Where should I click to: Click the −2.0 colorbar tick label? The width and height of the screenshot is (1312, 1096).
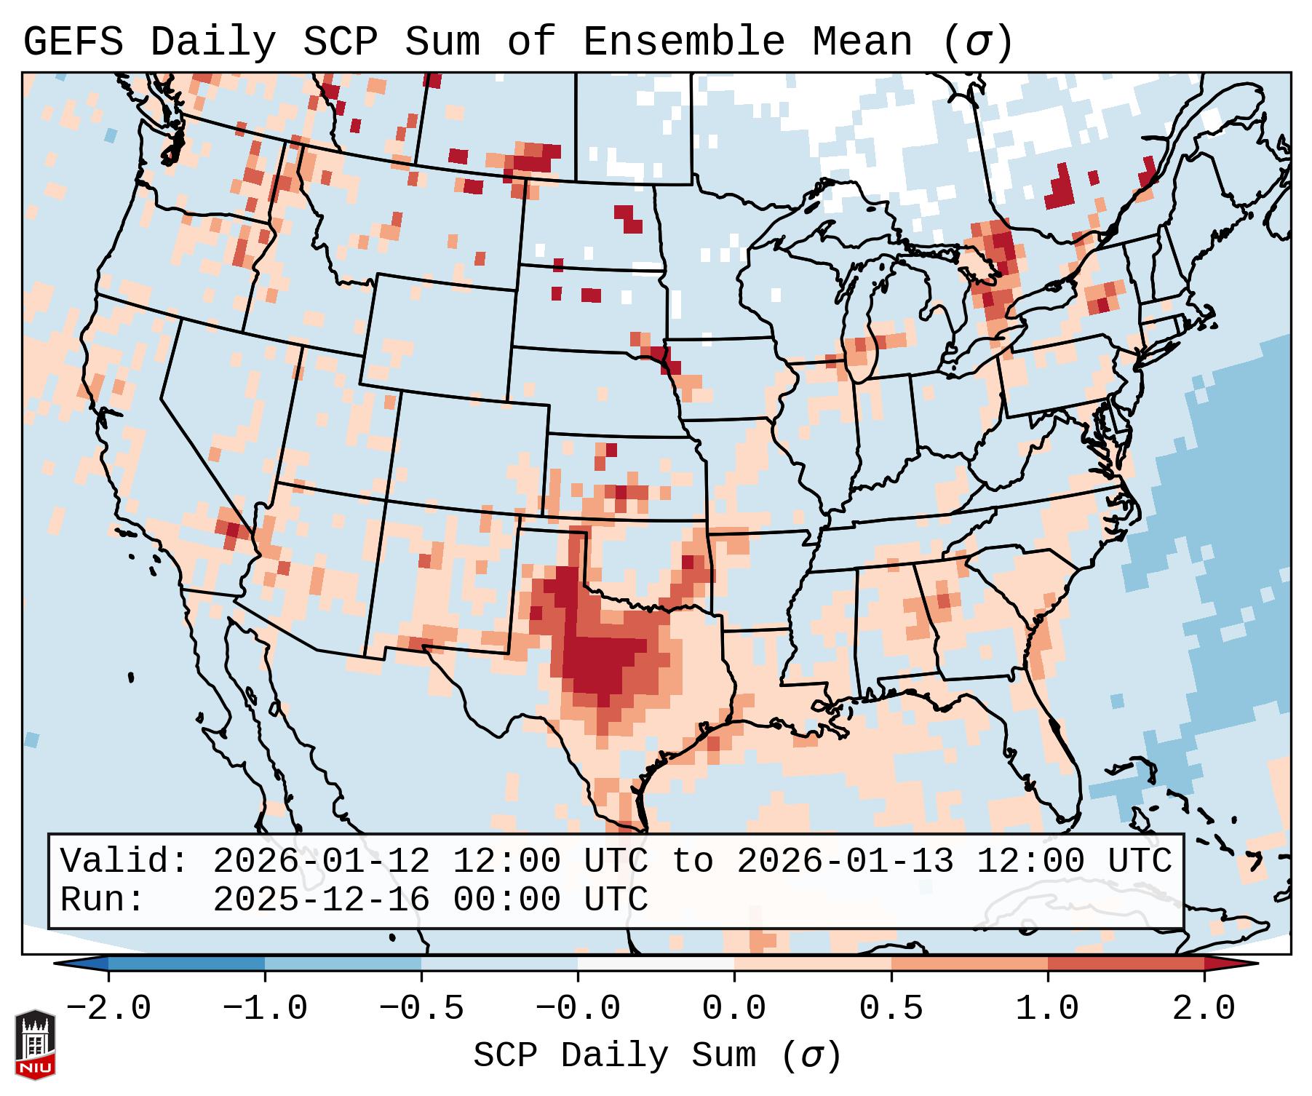click(108, 1009)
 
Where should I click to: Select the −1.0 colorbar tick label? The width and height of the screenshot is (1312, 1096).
click(265, 1009)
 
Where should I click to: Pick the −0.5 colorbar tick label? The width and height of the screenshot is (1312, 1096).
click(421, 1009)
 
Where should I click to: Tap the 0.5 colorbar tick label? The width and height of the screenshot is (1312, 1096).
click(891, 1009)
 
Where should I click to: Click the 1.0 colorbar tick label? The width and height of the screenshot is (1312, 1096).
click(1047, 1009)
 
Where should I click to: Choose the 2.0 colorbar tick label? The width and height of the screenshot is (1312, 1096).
click(1204, 1009)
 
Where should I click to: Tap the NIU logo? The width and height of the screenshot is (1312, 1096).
click(35, 1044)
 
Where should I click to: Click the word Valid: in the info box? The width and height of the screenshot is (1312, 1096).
click(124, 861)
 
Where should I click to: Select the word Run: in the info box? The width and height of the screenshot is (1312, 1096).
click(103, 900)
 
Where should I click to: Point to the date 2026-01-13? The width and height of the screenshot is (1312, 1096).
click(845, 861)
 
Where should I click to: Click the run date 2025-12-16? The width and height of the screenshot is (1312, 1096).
click(321, 900)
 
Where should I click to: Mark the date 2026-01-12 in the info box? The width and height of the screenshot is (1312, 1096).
click(321, 861)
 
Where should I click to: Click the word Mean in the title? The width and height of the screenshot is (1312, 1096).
click(862, 41)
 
